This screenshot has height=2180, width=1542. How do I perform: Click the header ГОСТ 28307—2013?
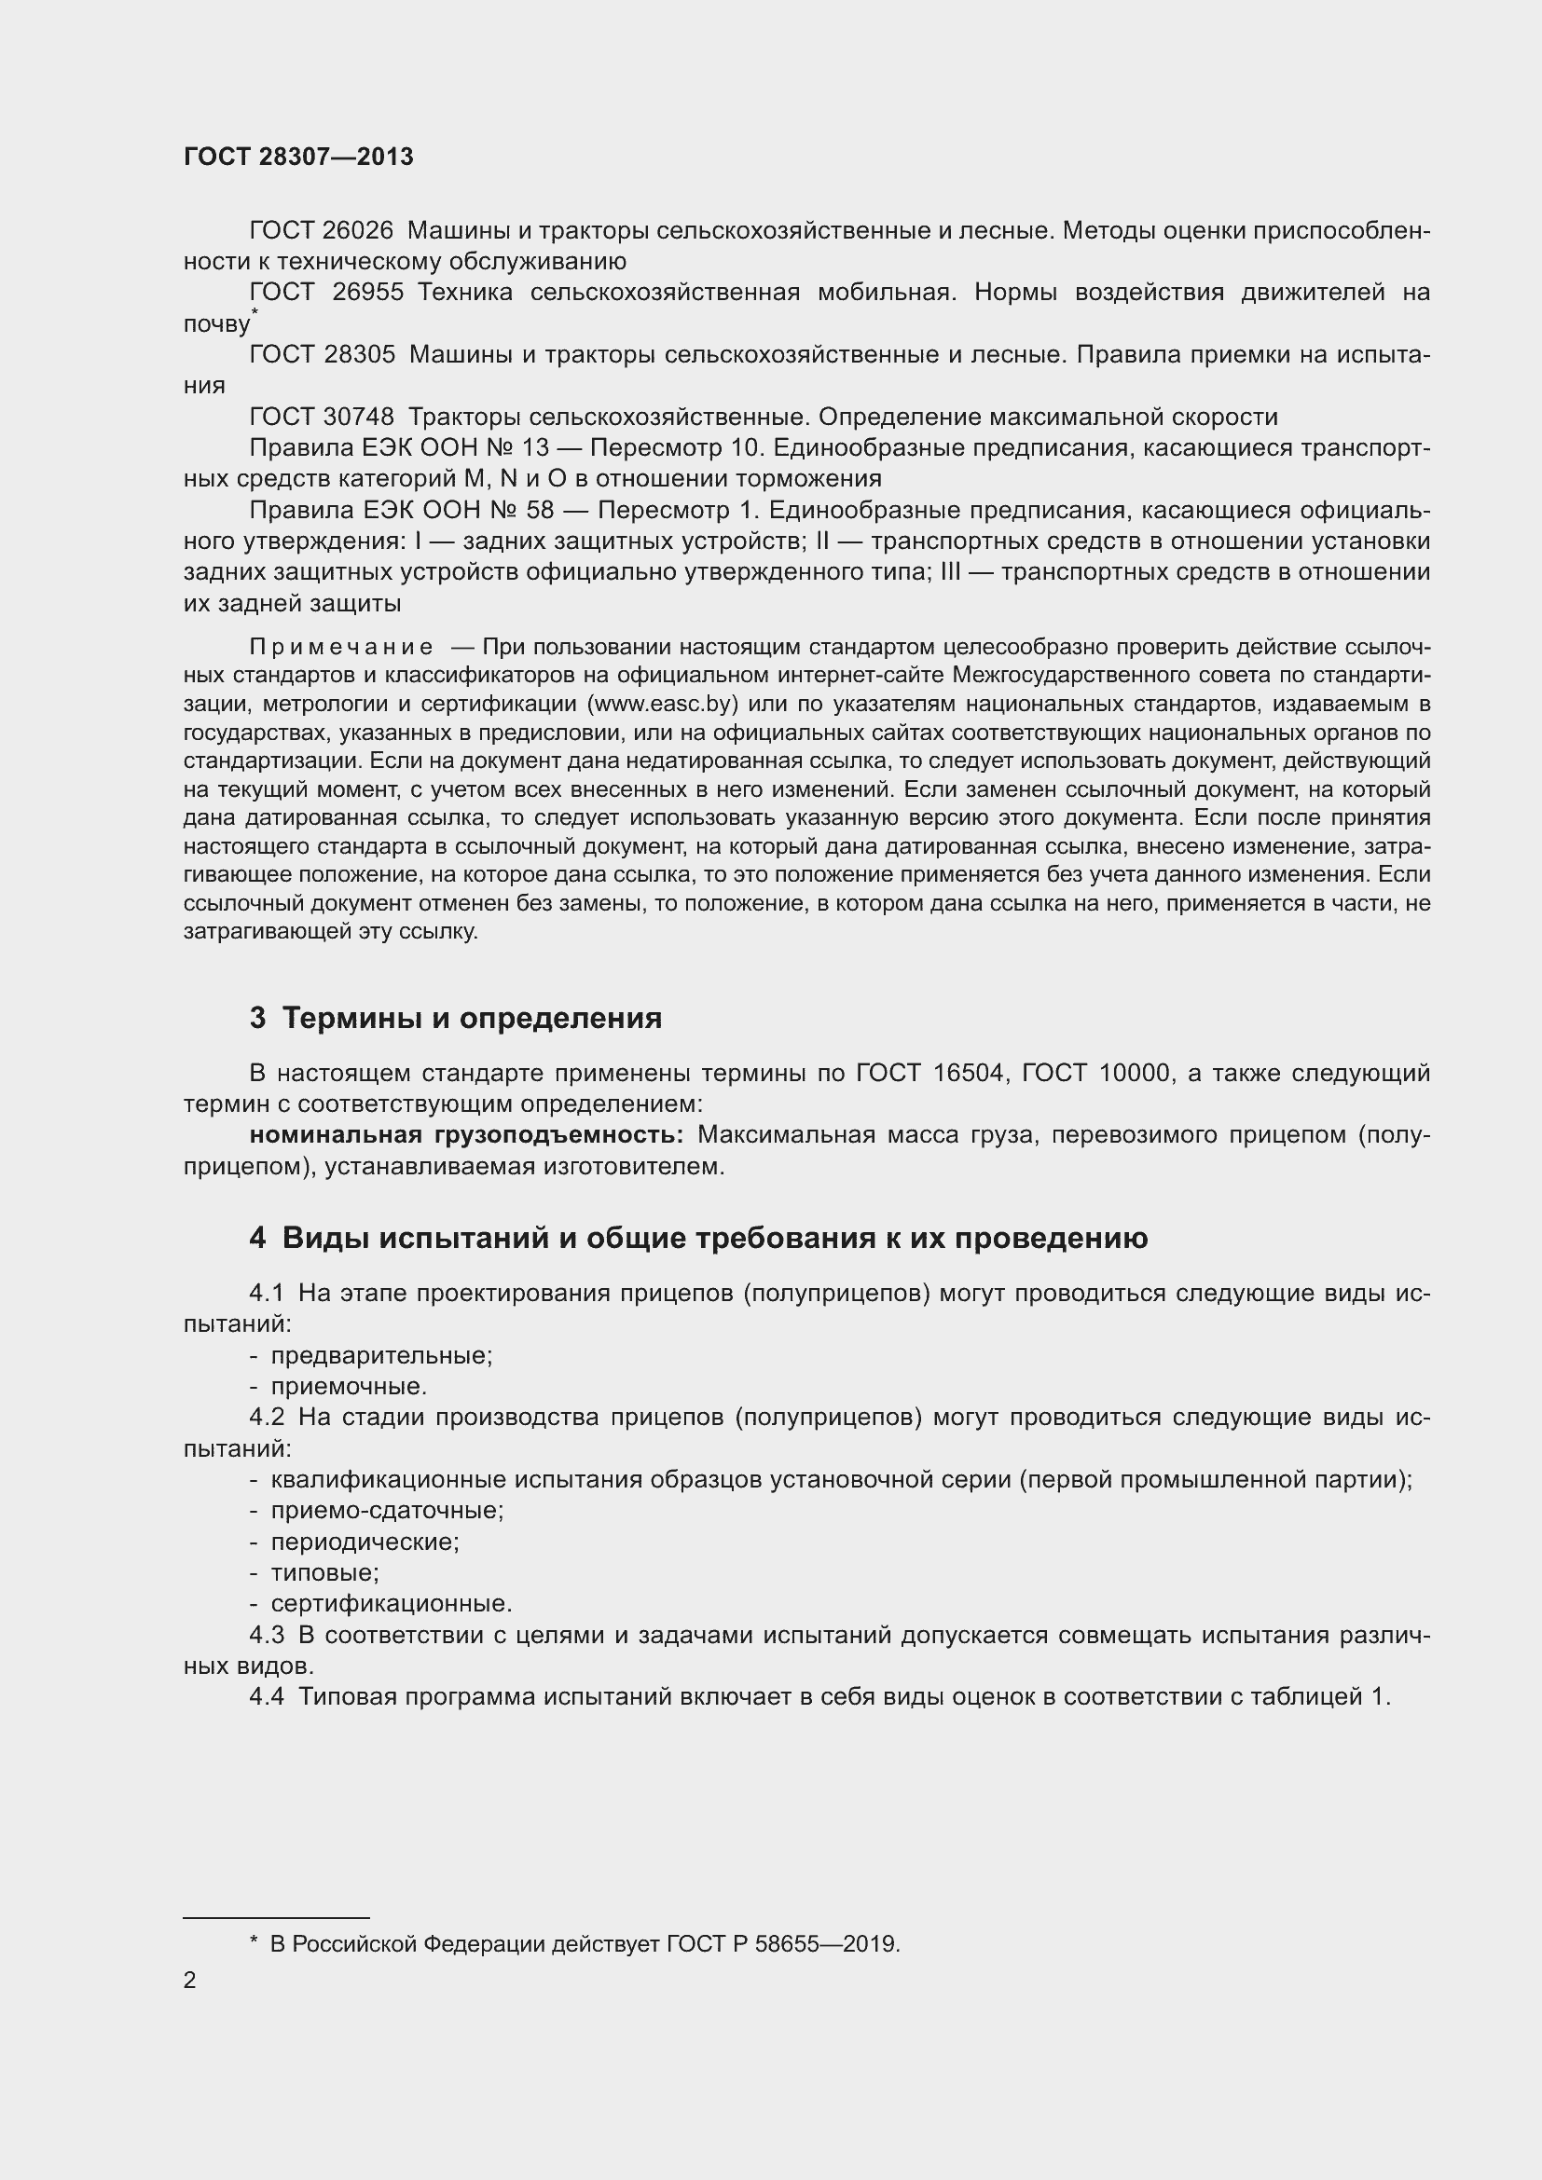tap(298, 157)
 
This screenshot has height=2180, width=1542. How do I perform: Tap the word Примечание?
tap(341, 648)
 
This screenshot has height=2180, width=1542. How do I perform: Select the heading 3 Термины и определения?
tap(456, 1019)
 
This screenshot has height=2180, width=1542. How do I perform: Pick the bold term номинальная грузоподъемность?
tap(465, 1135)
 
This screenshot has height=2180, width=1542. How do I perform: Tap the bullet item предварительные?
tap(380, 1356)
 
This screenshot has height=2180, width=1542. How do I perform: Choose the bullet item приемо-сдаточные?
tap(387, 1511)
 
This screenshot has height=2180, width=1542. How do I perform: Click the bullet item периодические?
tap(365, 1542)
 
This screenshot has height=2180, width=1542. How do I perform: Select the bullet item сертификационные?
tap(391, 1604)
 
